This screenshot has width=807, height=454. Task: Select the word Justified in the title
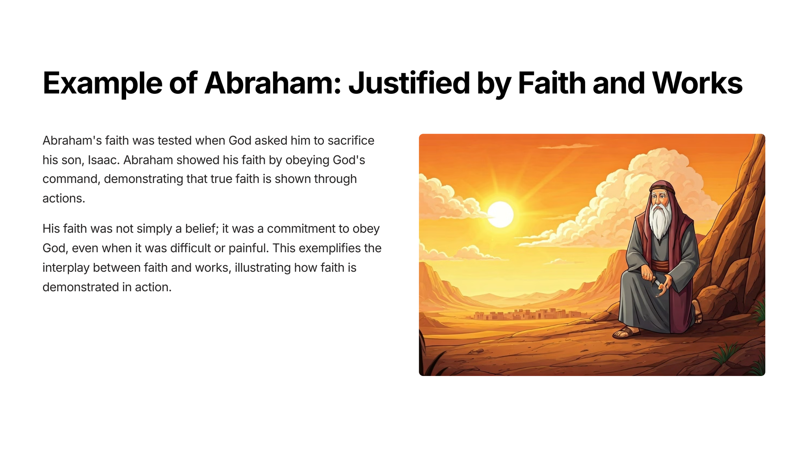coord(409,83)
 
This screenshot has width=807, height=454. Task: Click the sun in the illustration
coord(500,214)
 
